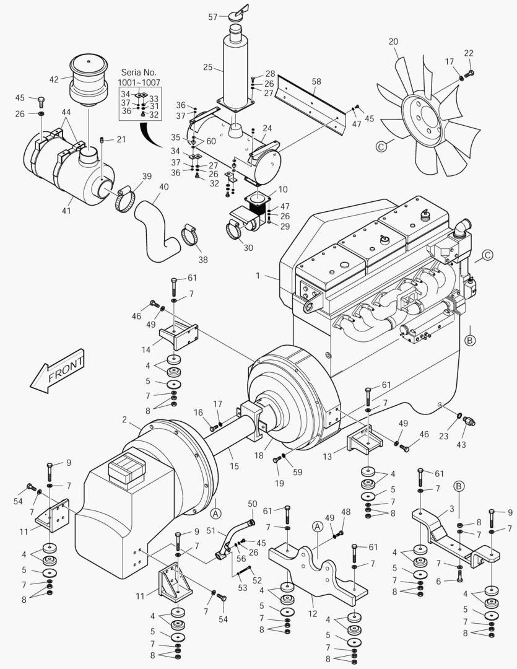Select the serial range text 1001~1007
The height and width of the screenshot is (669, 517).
(x=139, y=82)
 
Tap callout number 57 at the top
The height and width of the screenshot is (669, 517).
(x=213, y=17)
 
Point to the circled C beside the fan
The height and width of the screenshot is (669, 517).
(x=382, y=146)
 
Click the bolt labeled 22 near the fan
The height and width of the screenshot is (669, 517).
(x=469, y=74)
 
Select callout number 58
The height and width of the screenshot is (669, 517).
(x=316, y=81)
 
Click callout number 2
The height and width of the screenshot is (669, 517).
(x=124, y=420)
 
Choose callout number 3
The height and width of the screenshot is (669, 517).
(x=452, y=509)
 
